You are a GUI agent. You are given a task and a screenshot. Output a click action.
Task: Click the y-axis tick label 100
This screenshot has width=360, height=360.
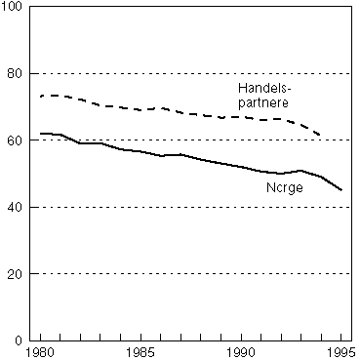[14, 8]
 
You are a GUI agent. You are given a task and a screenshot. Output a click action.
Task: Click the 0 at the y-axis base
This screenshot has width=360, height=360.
[20, 340]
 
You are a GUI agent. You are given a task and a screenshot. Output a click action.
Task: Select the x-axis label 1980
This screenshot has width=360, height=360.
[41, 351]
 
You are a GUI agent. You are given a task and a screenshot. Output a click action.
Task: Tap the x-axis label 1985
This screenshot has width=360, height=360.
[141, 351]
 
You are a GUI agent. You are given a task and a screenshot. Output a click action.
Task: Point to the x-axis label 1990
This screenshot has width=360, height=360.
[241, 351]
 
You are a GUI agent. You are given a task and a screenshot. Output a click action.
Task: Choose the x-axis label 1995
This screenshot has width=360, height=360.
[340, 351]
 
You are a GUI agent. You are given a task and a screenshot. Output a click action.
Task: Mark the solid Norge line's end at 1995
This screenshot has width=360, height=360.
[340, 189]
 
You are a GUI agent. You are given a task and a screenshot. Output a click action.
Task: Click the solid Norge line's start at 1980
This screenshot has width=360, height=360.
[41, 133]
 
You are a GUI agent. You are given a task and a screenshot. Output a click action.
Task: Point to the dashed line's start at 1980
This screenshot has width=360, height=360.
[41, 96]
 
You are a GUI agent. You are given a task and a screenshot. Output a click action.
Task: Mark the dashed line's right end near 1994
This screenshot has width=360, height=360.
[321, 135]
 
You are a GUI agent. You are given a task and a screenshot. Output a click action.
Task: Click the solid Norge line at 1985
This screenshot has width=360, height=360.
[141, 151]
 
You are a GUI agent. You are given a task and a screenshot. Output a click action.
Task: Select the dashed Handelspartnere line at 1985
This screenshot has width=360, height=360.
[141, 109]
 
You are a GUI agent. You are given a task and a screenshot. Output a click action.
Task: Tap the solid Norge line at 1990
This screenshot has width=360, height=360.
[241, 167]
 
